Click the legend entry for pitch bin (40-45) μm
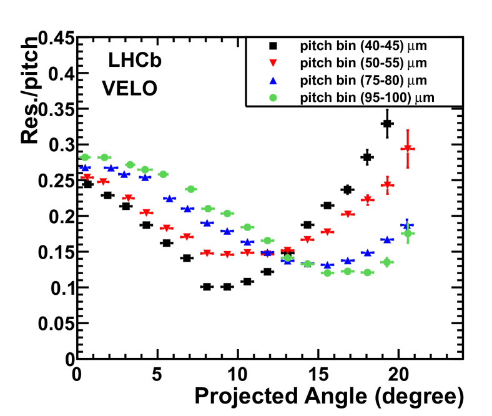363,46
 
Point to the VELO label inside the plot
130,89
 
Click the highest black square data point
387,124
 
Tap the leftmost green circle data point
85,157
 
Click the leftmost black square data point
87,184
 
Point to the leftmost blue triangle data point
85,167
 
